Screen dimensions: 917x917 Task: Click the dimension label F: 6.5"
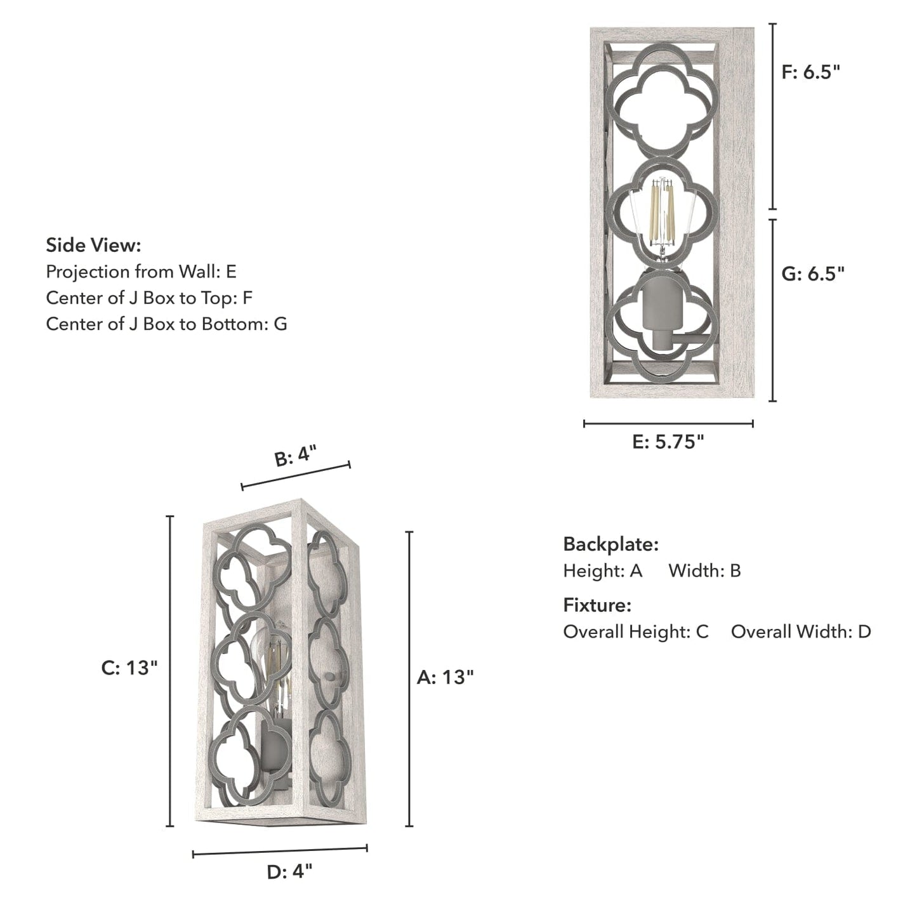tap(810, 72)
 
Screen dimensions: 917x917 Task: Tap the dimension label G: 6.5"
tap(813, 274)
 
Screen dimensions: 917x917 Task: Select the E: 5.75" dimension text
tap(668, 442)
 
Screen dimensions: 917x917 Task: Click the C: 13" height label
tap(129, 668)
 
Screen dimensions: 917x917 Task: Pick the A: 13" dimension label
tap(445, 677)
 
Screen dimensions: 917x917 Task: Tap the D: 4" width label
tap(289, 872)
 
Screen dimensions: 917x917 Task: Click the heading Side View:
tap(93, 245)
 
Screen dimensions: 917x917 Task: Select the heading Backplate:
tap(611, 544)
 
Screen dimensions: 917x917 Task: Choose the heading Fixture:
tap(597, 605)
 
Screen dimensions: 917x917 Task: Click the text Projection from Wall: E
tap(141, 272)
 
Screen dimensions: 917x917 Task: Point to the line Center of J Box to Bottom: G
tap(166, 324)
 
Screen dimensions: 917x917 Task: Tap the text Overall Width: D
tap(801, 631)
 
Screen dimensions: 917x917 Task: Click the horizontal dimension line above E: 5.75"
tap(668, 423)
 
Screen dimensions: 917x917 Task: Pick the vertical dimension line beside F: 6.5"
tap(772, 117)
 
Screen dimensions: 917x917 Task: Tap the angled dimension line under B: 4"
tap(296, 476)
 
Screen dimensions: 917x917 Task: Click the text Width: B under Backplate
tap(704, 571)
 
